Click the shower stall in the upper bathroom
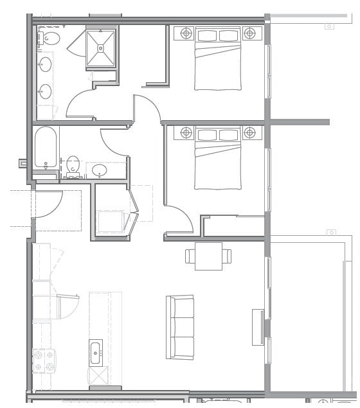101,48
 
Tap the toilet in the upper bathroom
50,39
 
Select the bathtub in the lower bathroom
46,147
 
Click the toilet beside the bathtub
73,164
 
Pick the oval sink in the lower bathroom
99,170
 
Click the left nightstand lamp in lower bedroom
186,133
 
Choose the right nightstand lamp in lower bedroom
249,133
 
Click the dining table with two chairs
208,256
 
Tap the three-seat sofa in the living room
180,326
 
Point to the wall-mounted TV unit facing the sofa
258,326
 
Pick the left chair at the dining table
190,256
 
